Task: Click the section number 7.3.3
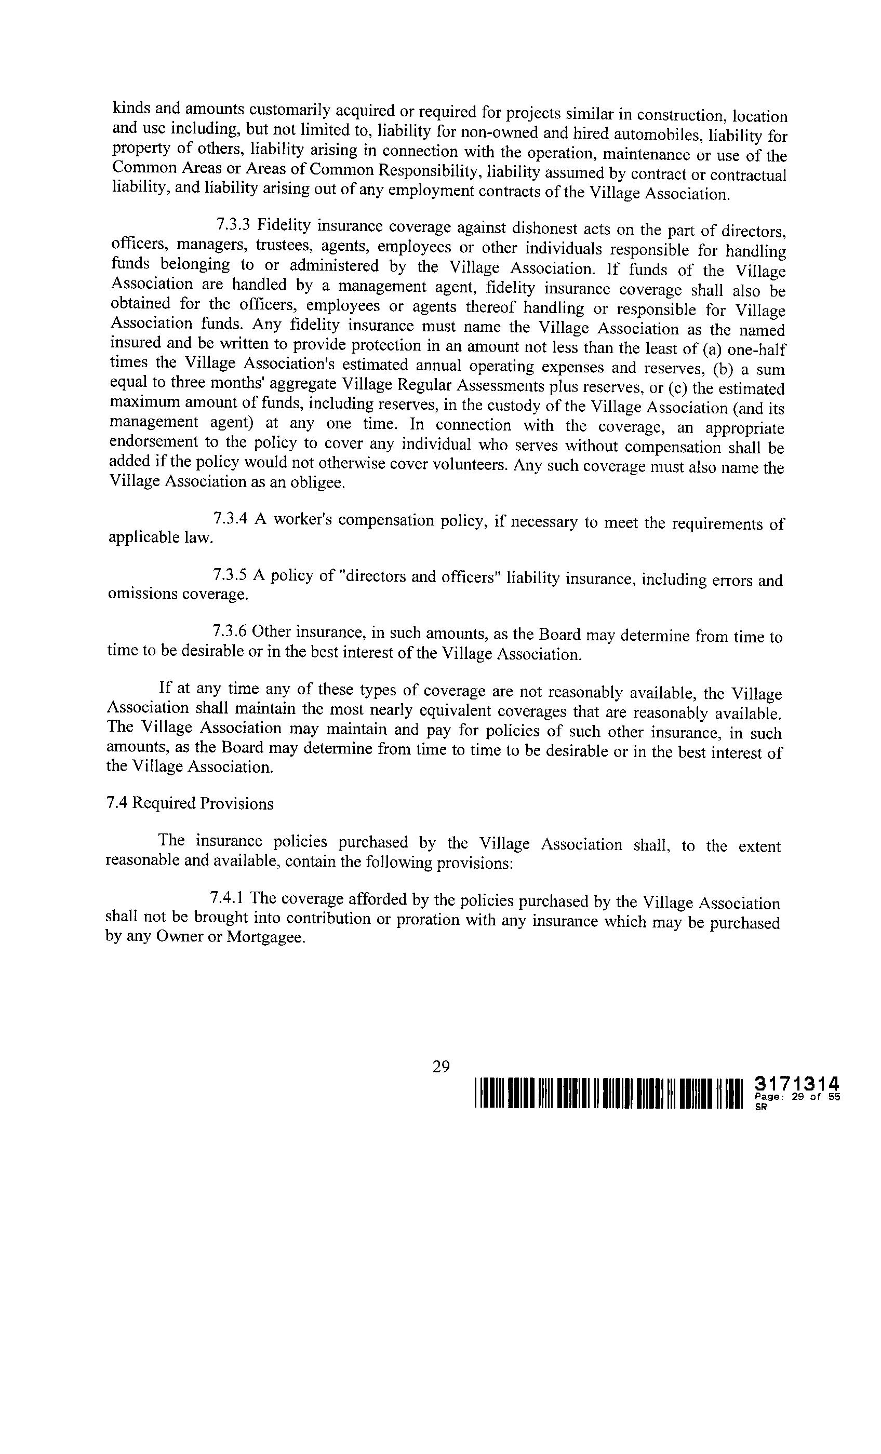coord(233,225)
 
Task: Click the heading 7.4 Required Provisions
coord(190,804)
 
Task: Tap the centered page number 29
coord(441,1066)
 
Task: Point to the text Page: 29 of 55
coord(796,1097)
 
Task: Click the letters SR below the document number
coord(760,1107)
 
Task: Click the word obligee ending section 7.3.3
coord(322,483)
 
